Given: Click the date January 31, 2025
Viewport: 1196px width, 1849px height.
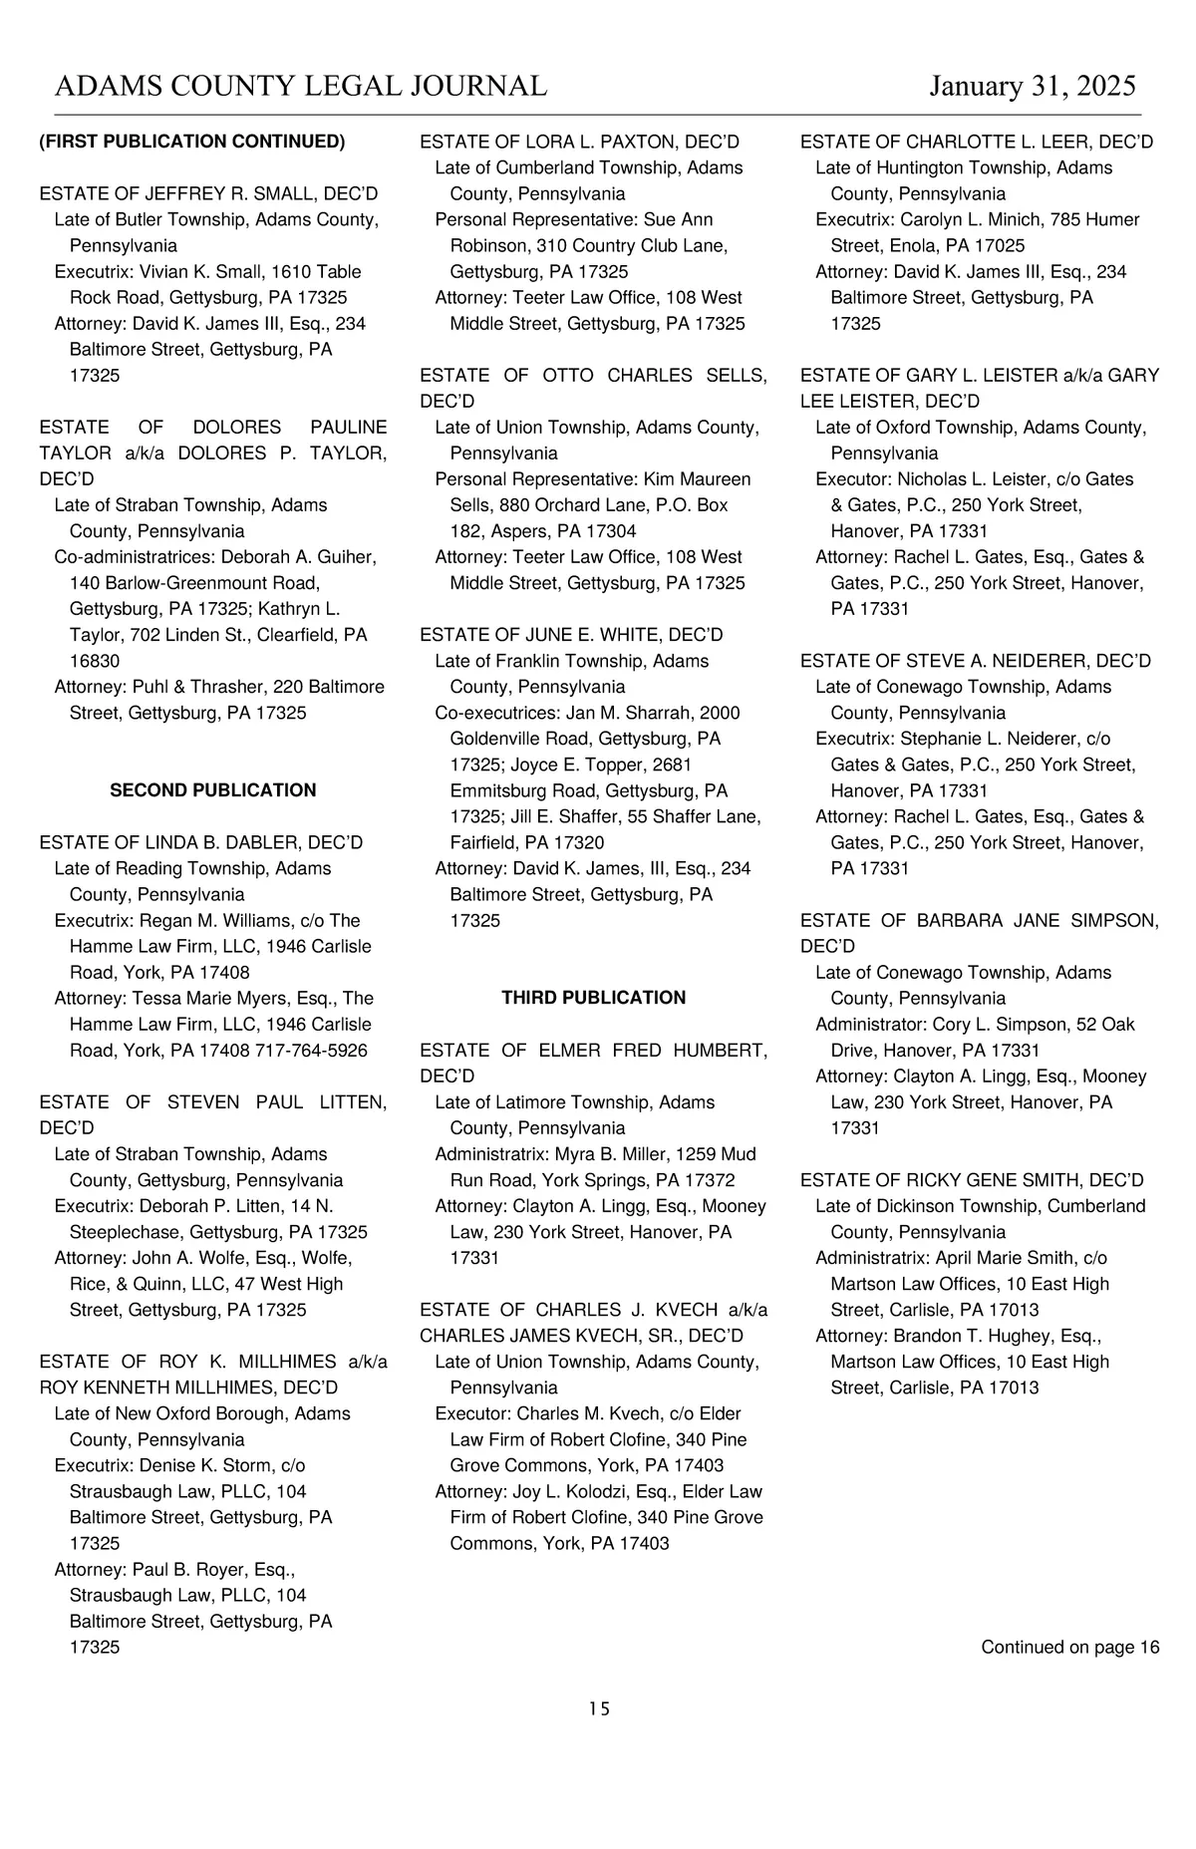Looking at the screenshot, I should (1032, 86).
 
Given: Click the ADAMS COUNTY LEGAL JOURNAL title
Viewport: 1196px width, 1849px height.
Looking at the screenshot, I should (301, 86).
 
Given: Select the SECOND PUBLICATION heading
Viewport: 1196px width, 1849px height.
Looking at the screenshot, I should (212, 790).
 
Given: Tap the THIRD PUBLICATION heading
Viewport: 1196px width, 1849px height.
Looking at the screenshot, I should (593, 998).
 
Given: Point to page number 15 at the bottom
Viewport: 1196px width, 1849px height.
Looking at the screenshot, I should (598, 1708).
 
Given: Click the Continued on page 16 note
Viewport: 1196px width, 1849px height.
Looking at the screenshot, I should (1069, 1647).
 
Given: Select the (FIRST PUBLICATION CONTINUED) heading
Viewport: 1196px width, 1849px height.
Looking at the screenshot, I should (192, 142).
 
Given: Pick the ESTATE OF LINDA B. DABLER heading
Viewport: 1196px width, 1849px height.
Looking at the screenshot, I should (201, 842).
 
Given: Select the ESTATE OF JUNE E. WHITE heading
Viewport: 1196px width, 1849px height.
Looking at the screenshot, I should (571, 635).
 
